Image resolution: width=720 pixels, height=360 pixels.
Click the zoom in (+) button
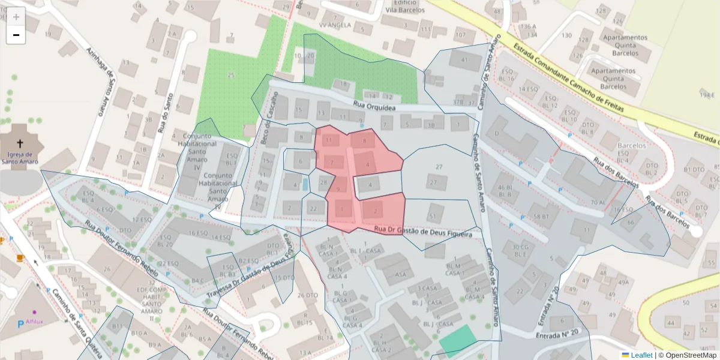16,17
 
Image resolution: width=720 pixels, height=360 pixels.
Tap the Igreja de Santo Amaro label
20,158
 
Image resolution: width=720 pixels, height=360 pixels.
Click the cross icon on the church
20,143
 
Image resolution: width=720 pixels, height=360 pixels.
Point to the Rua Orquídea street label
374,106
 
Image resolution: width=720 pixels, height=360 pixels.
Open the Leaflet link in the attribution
641,355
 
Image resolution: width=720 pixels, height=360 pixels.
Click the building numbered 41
462,60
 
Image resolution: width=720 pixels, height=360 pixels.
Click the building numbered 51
433,216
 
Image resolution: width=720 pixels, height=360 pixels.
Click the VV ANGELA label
334,26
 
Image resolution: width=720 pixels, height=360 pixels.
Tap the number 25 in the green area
231,75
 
